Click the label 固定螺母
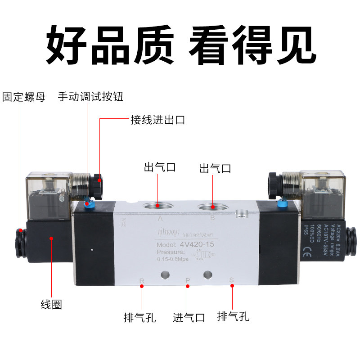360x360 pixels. point(24,97)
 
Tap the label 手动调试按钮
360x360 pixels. point(90,97)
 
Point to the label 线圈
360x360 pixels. point(51,304)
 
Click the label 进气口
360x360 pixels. point(189,317)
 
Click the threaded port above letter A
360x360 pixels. point(157,206)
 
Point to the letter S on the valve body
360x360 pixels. point(232,281)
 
